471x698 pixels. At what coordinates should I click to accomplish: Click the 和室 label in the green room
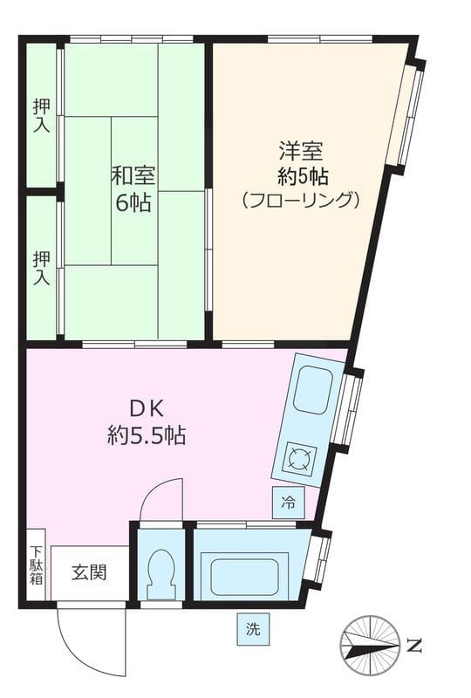pos(133,175)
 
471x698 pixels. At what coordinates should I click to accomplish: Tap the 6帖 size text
pos(133,204)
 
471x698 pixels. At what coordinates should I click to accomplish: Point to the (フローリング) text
pos(301,201)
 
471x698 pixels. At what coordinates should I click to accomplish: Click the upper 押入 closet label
pos(41,115)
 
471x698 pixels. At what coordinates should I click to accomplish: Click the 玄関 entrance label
pos(89,573)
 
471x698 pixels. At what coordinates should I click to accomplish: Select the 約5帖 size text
pos(301,174)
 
